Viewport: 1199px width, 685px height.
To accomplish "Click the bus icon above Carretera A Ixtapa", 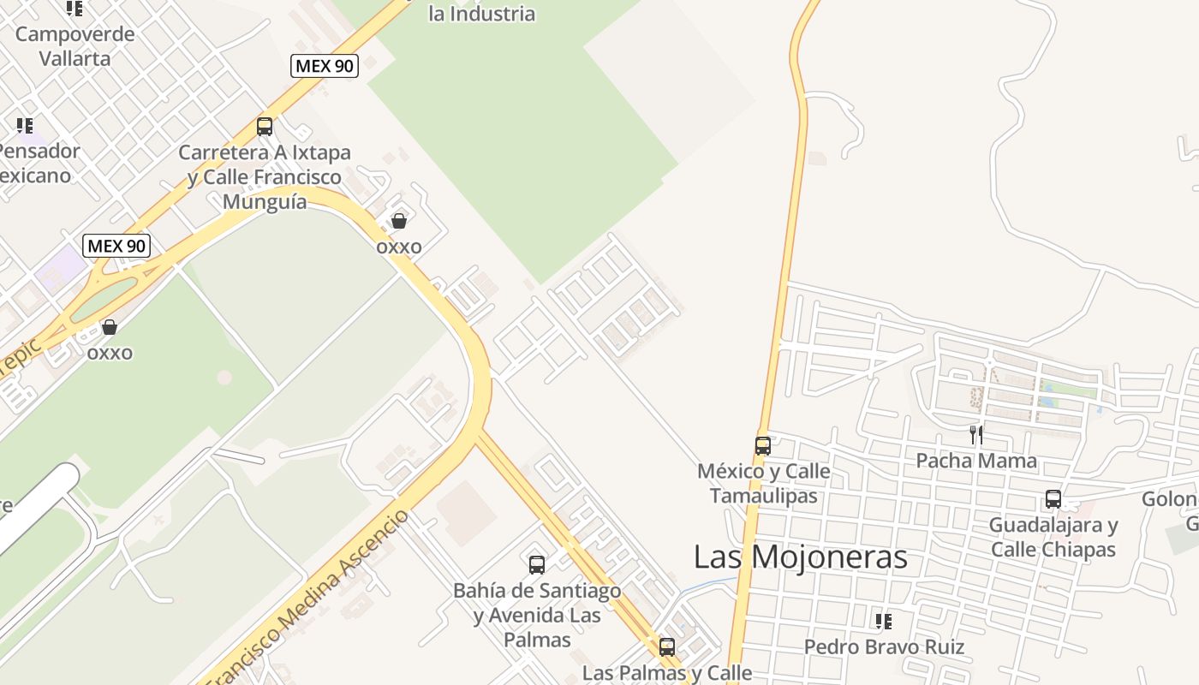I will pos(265,127).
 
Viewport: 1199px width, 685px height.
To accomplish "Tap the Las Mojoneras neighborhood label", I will pos(800,557).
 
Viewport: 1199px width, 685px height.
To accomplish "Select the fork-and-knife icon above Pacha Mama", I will pos(975,434).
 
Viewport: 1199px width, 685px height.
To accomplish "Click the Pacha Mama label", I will pos(976,461).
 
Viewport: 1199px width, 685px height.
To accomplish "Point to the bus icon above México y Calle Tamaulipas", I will pos(763,445).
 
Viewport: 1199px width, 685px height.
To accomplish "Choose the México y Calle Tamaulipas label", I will pos(764,483).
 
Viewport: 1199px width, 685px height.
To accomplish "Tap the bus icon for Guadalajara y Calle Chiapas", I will pos(1053,499).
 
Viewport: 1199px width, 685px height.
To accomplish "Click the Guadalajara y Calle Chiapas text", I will pos(1053,537).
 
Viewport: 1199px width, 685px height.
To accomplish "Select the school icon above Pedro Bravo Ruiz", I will pos(884,621).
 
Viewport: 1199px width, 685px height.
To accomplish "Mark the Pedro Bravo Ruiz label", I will pos(884,647).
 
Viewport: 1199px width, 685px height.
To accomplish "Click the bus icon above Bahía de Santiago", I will pos(537,565).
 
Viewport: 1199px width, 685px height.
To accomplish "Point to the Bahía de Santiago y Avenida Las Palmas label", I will pos(537,615).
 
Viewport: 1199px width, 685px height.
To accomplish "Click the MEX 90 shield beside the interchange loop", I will pos(117,246).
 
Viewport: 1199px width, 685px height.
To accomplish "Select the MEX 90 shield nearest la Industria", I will pos(325,65).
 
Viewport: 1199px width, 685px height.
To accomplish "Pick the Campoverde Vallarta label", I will pos(75,46).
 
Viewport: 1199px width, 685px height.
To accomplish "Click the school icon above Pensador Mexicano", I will pos(25,126).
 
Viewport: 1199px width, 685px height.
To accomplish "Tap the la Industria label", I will pos(482,14).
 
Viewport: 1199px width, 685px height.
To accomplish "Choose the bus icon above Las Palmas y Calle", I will pos(667,646).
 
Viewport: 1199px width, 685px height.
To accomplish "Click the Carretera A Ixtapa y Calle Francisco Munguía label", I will pos(265,177).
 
